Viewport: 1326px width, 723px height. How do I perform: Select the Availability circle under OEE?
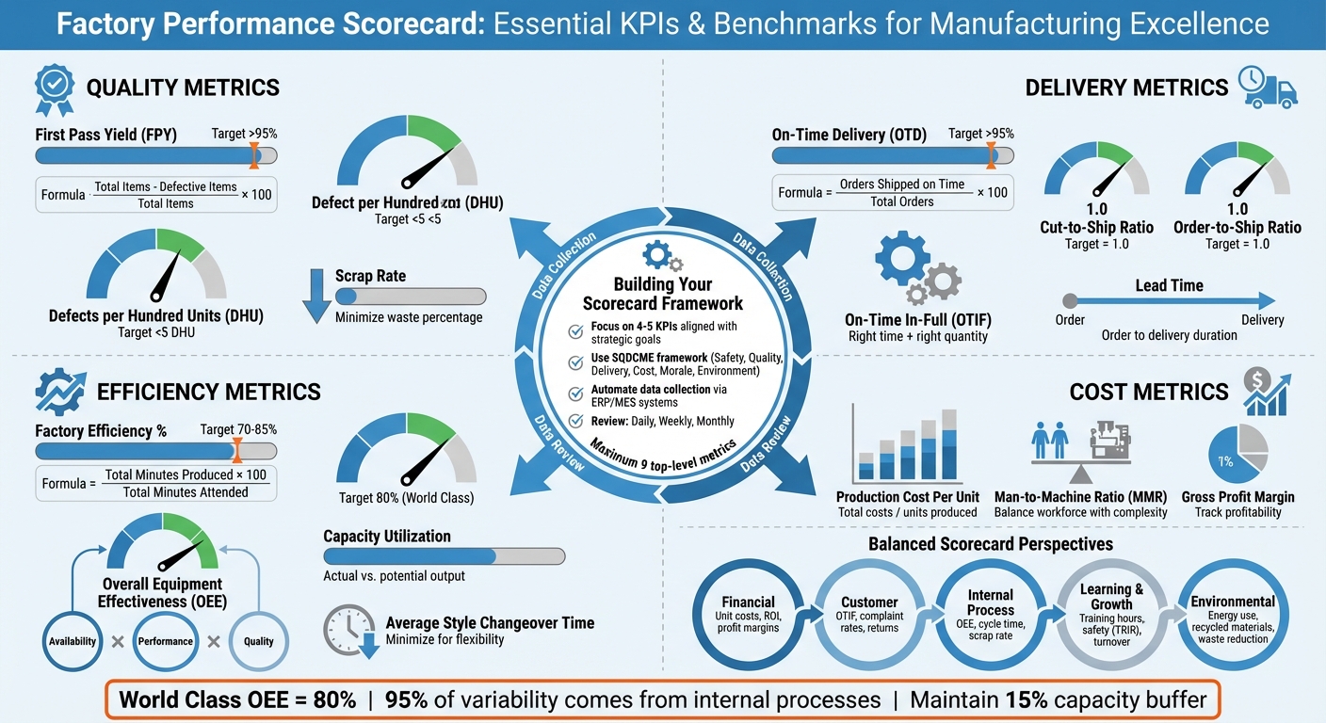tap(73, 641)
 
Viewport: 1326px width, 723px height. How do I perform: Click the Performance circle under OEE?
tap(165, 641)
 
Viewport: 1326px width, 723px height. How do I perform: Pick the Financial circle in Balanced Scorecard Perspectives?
tap(748, 615)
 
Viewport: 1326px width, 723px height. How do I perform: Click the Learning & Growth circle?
tap(1111, 615)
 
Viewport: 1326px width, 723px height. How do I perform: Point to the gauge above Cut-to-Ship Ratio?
tap(1096, 169)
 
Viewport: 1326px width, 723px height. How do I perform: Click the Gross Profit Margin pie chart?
tap(1237, 456)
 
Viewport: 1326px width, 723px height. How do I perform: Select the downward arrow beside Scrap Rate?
tap(314, 295)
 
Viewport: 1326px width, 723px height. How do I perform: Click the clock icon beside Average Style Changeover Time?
tap(347, 629)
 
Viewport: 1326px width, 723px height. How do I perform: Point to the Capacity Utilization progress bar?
tap(444, 556)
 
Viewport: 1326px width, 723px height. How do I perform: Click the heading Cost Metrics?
tap(1149, 392)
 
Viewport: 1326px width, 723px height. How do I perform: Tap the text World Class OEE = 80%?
tap(237, 699)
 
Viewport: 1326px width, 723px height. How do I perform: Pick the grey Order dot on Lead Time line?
tap(1069, 301)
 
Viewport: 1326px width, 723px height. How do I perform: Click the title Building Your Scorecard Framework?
tap(662, 294)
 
